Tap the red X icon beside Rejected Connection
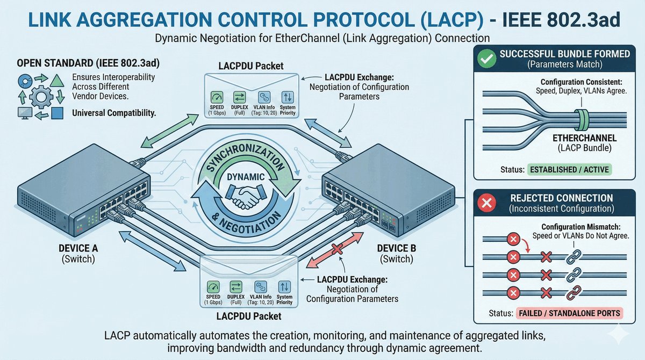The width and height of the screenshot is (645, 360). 486,204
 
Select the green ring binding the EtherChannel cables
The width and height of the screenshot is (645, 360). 579,118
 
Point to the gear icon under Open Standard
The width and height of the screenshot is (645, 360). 40,98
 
